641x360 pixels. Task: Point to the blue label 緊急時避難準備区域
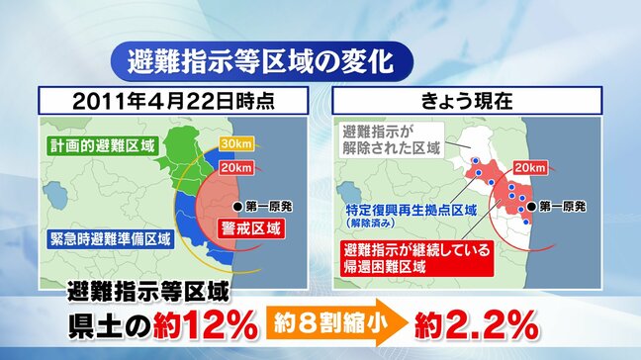[x=104, y=237]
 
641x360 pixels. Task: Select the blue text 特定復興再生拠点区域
[x=412, y=211]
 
